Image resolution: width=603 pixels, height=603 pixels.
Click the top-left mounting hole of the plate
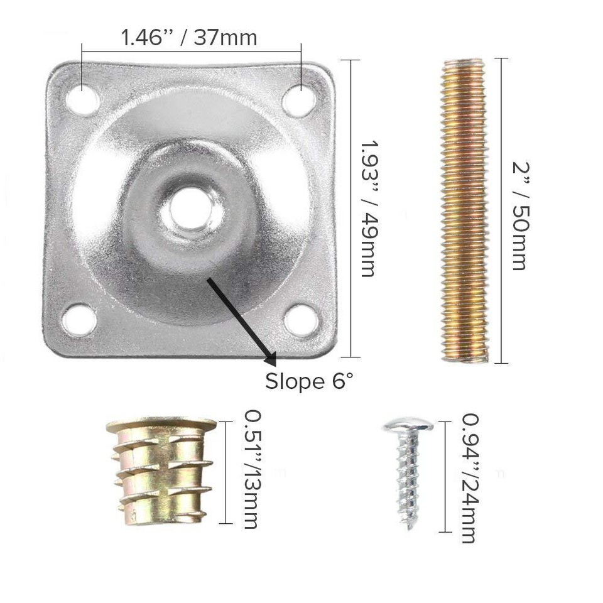coord(83,99)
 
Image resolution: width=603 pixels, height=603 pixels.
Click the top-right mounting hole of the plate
coord(299,100)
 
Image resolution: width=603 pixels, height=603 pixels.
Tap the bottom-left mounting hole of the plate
coord(80,319)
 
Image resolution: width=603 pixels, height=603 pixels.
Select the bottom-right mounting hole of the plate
coord(301,320)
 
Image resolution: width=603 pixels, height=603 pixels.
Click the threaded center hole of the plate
coord(192,211)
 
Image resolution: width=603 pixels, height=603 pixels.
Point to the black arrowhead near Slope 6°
coord(271,360)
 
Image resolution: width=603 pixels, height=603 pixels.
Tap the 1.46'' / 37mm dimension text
coord(189,38)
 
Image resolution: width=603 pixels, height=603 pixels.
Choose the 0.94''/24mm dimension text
coord(468,477)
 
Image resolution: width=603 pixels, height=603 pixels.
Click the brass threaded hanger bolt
coord(464,210)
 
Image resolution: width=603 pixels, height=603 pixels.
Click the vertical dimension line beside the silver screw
coord(445,477)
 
